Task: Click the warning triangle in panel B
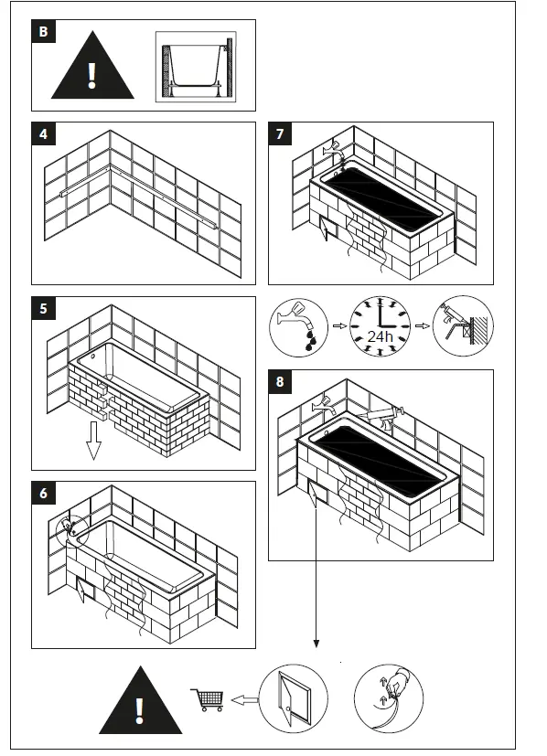tap(91, 67)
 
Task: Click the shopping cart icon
tap(208, 699)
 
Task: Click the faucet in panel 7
tap(336, 147)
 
